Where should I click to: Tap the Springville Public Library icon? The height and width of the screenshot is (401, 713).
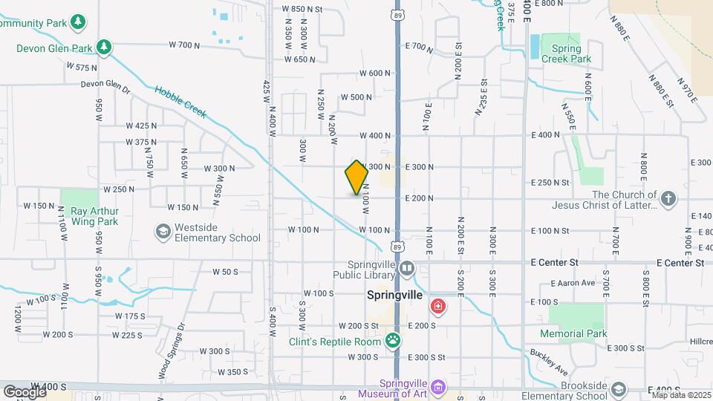406,268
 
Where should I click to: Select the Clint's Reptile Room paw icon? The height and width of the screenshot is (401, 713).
393,341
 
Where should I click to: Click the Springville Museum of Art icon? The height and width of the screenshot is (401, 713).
439,387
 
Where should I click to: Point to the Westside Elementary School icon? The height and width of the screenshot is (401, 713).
162,232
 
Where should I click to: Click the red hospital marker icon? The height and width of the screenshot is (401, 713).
439,306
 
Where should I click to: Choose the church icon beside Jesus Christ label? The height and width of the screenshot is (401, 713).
668,198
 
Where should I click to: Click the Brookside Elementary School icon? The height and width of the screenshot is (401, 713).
618,388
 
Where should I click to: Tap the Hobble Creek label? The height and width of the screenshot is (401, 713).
181,102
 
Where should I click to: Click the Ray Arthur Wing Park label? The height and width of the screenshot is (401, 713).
94,216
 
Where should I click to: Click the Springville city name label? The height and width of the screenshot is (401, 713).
396,295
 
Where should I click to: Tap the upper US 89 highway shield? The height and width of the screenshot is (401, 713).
400,14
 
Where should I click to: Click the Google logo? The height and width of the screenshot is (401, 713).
24,391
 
